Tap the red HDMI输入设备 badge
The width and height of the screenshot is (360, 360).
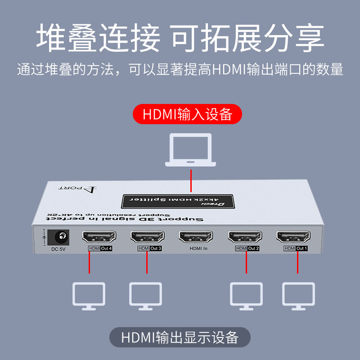[187, 114]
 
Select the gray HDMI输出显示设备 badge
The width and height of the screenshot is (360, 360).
[180, 337]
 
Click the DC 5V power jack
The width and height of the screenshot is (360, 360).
[58, 236]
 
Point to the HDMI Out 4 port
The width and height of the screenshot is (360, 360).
[99, 236]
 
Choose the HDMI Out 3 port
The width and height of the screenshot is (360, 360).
[147, 236]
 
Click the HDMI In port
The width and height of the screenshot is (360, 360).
[196, 236]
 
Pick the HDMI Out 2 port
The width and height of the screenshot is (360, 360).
[245, 236]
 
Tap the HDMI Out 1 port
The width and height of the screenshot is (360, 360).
[293, 236]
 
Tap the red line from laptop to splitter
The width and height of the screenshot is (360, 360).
[191, 180]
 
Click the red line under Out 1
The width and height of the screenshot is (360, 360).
[297, 262]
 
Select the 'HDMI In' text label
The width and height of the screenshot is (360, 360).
[198, 248]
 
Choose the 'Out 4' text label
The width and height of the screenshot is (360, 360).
[106, 248]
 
